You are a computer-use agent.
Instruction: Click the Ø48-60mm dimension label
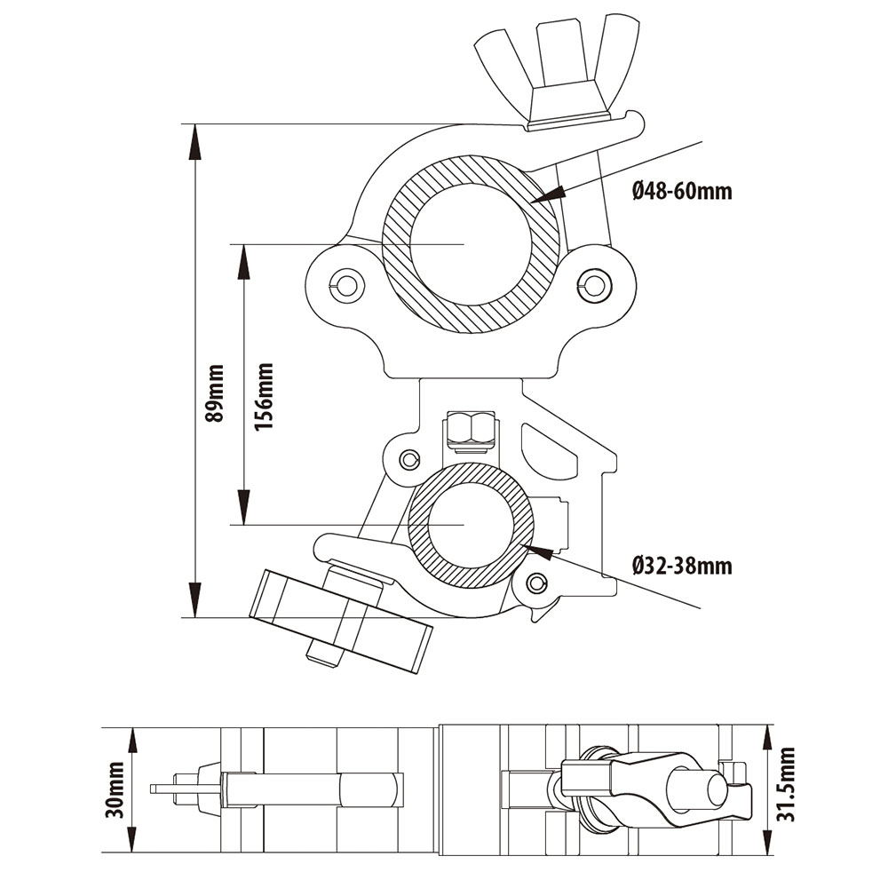coord(683,190)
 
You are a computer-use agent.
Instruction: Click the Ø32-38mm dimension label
coord(683,566)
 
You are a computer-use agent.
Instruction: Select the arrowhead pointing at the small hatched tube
coord(540,551)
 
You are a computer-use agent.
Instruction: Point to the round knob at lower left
coord(342,621)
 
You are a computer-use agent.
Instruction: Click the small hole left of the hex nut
coord(408,459)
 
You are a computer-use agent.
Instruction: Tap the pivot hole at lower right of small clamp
coord(535,583)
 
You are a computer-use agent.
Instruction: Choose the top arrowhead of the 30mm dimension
coord(133,736)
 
